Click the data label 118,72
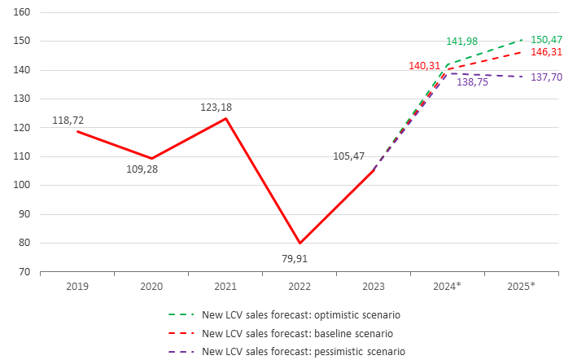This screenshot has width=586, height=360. point(68,120)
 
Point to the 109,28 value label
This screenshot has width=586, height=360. point(152,173)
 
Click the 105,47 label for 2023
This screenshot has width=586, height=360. point(351,156)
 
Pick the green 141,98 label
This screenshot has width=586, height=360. point(466,42)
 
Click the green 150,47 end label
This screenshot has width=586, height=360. point(546,39)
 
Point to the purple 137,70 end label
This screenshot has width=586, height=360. point(546,77)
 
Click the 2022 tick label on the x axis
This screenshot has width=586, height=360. point(300,287)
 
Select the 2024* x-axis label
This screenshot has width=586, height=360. point(448,287)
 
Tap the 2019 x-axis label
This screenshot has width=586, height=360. point(77,287)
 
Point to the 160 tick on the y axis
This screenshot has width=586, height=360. point(23,13)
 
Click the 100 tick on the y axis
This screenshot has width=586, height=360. point(23,186)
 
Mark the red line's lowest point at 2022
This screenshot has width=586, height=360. point(300,243)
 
